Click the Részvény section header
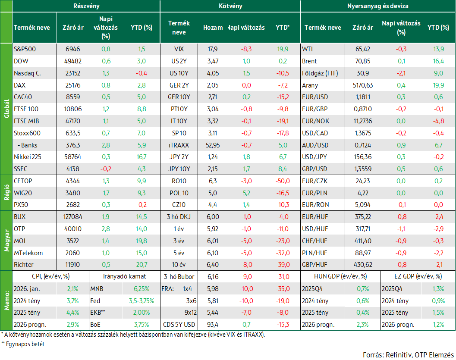[x=86, y=6]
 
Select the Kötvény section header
[x=230, y=6]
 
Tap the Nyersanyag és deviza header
[x=378, y=6]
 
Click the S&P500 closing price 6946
[x=73, y=49]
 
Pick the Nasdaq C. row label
[x=27, y=73]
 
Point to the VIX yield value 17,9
[x=213, y=49]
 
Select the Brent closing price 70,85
[x=363, y=61]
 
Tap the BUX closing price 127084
[x=73, y=217]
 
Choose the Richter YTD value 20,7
[x=142, y=265]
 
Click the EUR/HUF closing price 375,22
[x=363, y=217]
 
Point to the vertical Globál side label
[x=7, y=109]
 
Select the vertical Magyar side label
[x=7, y=241]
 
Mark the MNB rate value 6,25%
[x=142, y=289]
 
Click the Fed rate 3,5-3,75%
[x=142, y=301]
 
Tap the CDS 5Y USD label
[x=179, y=325]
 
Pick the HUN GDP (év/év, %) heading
[x=340, y=277]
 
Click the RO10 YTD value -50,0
[x=283, y=181]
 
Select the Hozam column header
[x=213, y=28]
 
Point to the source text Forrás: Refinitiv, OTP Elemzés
[x=408, y=355]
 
